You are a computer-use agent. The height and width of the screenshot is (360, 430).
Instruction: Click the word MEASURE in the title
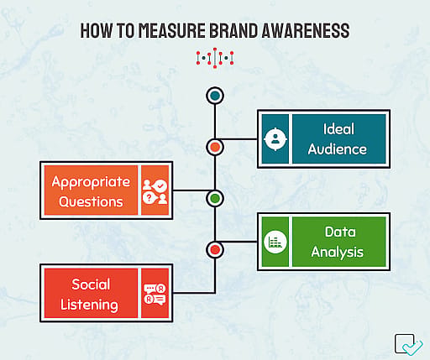(172, 30)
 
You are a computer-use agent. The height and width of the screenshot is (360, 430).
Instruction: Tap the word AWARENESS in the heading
(306, 30)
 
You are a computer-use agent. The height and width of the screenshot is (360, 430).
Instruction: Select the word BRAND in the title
(233, 30)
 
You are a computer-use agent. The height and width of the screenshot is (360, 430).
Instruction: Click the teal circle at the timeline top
(215, 96)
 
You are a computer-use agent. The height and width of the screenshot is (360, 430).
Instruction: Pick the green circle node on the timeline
(215, 198)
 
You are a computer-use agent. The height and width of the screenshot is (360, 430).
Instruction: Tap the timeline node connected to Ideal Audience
(215, 147)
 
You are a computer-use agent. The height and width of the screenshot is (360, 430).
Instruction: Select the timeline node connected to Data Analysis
(215, 250)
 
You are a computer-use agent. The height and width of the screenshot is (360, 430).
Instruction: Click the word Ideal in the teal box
(338, 129)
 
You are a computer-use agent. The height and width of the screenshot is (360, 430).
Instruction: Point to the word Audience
(338, 149)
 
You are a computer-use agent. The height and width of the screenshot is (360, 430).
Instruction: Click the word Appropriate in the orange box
(91, 182)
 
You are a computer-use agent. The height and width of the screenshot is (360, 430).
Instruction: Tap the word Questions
(91, 201)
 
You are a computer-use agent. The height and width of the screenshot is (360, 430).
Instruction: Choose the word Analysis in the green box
(338, 253)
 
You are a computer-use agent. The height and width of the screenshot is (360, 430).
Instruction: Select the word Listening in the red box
(89, 305)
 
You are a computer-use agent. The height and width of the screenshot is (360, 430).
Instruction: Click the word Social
(91, 284)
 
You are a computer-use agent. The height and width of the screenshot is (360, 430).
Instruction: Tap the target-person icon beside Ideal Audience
(275, 138)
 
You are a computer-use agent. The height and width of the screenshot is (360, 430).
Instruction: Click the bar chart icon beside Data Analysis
(275, 242)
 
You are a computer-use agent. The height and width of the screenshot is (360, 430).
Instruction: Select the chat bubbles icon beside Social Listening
(155, 294)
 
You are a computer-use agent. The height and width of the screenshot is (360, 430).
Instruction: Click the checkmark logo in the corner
(409, 344)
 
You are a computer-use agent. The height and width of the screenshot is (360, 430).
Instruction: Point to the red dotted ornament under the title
(215, 58)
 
